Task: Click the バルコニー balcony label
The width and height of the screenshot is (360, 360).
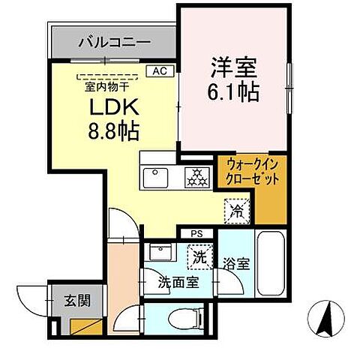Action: coord(115,43)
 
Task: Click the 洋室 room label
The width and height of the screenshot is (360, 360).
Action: coord(232,67)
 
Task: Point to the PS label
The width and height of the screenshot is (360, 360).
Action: coord(196,234)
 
